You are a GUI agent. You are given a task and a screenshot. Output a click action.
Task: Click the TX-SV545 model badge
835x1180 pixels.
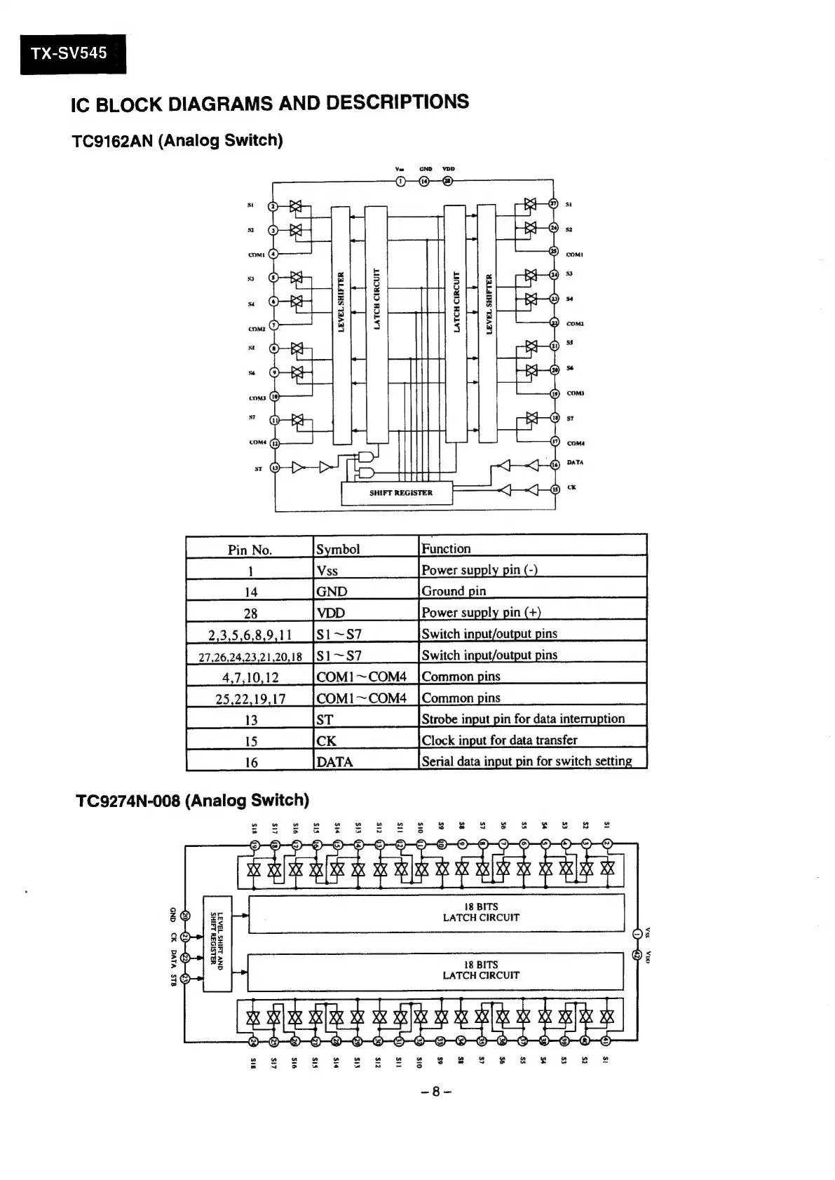[73, 53]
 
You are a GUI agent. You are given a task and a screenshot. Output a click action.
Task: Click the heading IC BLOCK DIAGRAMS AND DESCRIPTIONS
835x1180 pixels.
[270, 103]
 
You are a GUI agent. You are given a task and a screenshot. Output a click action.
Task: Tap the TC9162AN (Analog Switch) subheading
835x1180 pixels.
[177, 140]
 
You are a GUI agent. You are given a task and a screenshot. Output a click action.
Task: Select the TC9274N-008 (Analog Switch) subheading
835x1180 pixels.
[191, 800]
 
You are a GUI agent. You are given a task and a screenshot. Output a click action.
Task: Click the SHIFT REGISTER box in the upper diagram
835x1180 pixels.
[398, 492]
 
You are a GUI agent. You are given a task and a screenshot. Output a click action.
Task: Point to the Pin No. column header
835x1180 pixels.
[250, 549]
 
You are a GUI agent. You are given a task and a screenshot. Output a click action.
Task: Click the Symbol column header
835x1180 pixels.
[338, 549]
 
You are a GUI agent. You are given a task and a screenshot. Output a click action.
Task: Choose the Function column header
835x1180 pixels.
[446, 548]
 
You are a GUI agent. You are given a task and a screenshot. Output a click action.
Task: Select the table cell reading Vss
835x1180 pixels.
[327, 570]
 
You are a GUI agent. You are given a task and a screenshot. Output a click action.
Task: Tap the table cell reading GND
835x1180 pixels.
[332, 591]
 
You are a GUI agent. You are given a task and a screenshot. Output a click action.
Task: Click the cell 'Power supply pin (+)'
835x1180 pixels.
[481, 612]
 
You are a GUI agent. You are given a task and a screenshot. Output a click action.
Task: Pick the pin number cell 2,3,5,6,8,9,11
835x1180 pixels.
[250, 635]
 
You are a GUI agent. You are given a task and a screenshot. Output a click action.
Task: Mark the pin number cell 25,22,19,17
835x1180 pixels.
[250, 699]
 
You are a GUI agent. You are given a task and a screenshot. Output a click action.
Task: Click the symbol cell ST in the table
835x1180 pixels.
[325, 719]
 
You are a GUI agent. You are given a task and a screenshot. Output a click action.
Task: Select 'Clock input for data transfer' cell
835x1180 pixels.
[499, 740]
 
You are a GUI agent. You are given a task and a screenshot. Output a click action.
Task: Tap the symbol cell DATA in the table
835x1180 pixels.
[334, 761]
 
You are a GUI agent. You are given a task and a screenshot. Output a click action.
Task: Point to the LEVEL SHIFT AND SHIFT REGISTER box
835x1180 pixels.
[217, 943]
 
